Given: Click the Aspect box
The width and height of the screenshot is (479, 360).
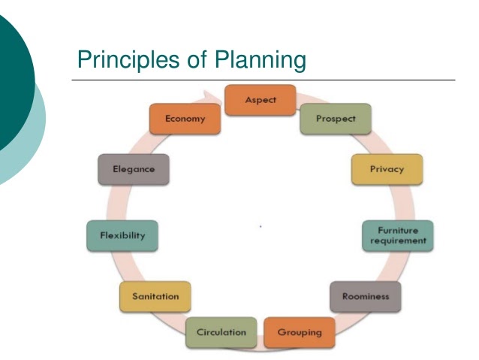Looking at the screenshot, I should click(x=261, y=101).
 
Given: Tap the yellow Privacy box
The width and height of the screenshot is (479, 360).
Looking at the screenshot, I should click(x=387, y=169).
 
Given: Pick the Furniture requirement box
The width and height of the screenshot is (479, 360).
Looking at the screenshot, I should click(x=398, y=235).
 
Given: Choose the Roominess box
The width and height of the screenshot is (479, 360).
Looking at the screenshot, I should click(x=366, y=296).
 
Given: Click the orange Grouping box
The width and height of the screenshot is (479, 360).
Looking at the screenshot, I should click(x=299, y=332).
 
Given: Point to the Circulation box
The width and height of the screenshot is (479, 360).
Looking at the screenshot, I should click(x=221, y=332).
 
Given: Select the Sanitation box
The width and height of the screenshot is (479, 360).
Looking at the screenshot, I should click(x=155, y=296).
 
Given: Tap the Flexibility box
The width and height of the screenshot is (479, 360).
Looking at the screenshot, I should click(x=122, y=235).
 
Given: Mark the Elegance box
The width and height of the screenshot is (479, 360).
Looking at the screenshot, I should click(x=133, y=169).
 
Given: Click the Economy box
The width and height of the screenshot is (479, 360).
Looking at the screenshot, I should click(x=185, y=119).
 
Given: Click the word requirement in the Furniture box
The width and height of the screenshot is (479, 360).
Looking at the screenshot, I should click(x=398, y=241).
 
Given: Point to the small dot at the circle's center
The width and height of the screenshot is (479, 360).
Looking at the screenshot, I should click(x=260, y=225).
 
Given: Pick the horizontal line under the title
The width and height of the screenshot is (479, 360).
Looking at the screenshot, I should click(x=263, y=80).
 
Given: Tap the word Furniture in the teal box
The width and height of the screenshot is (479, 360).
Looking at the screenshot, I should click(x=398, y=230).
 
